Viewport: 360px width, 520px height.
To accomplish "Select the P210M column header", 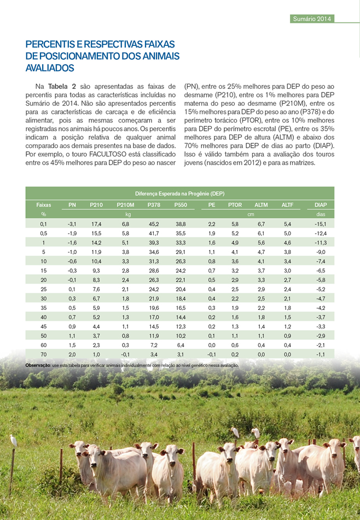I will click(125, 205).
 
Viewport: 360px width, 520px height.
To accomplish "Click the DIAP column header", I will click(320, 205).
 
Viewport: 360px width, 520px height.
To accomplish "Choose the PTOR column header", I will click(235, 205).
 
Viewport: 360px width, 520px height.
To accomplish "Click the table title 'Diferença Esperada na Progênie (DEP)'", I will click(179, 194).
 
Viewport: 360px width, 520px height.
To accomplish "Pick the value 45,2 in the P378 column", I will click(154, 224).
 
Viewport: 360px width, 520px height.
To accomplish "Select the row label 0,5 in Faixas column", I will click(43, 234).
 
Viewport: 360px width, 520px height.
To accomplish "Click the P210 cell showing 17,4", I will click(96, 224).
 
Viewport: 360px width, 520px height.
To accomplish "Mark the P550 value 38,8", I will click(181, 224).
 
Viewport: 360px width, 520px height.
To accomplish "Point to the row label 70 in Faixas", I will click(43, 355).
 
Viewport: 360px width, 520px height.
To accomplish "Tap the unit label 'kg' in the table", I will click(127, 215).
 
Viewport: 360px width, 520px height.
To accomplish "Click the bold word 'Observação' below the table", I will click(38, 365).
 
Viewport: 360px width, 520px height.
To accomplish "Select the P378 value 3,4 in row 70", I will click(154, 355).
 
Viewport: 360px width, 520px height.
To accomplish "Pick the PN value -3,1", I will click(71, 224).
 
